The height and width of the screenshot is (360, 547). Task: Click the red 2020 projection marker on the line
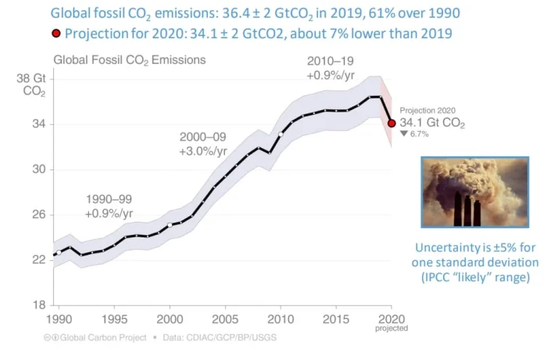point(391,123)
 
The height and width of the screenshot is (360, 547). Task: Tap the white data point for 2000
point(170,225)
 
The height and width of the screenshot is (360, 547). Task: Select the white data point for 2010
point(281,134)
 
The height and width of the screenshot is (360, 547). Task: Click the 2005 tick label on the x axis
point(225,319)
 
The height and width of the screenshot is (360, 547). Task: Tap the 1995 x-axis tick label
point(114,319)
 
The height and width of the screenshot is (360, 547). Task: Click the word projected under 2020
point(391,329)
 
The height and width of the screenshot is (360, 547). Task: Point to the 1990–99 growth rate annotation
point(109,205)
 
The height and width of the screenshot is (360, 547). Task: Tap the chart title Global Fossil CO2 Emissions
point(130,59)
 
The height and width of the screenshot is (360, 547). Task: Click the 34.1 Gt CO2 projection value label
point(432,123)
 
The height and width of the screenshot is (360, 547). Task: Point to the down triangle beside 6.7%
point(403,134)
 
